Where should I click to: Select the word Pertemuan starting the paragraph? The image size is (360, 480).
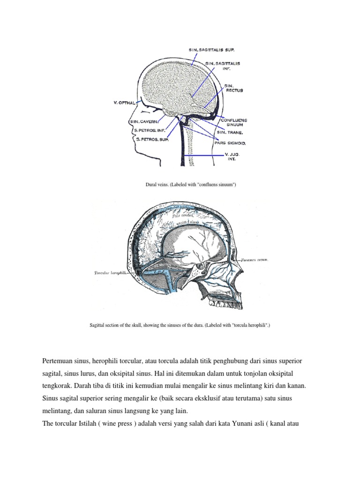59,362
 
